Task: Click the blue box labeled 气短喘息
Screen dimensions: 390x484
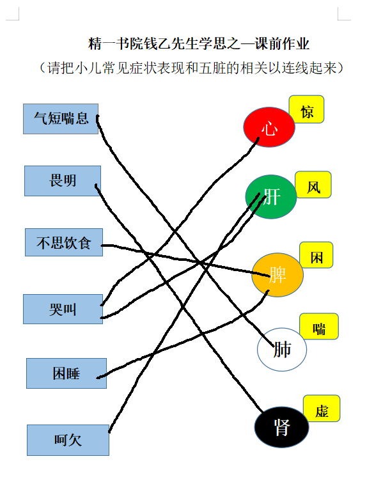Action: (x=61, y=119)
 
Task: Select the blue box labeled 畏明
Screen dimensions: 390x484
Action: (x=63, y=181)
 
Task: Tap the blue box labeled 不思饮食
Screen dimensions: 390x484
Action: (x=64, y=242)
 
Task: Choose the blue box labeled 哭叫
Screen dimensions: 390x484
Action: (x=63, y=309)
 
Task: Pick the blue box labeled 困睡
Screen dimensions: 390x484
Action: (x=66, y=373)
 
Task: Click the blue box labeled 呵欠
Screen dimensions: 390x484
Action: (x=68, y=440)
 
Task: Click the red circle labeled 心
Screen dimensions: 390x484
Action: (x=269, y=127)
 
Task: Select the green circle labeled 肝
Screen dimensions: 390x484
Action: (x=271, y=197)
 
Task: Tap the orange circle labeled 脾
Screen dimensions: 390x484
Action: (x=277, y=275)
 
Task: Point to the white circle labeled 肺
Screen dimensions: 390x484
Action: (x=282, y=349)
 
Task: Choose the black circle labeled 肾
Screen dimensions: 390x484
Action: (x=282, y=427)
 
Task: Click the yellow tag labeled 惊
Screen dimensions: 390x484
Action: (x=306, y=109)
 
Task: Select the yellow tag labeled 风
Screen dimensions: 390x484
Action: (x=313, y=185)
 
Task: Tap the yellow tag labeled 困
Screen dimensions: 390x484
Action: (x=316, y=255)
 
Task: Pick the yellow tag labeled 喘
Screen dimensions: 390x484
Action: (x=319, y=326)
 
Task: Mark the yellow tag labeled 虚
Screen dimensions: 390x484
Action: (x=322, y=409)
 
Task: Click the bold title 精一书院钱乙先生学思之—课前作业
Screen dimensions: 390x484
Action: (x=199, y=44)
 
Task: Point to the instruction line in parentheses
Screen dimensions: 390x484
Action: (x=191, y=68)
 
